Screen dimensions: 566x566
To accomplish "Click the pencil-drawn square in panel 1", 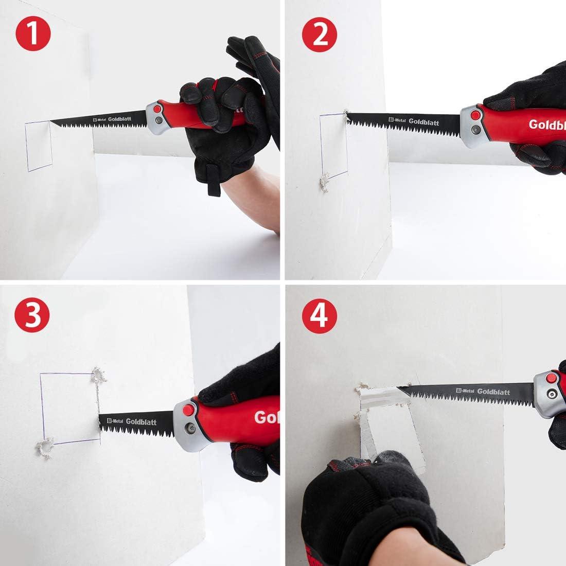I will point(39,146).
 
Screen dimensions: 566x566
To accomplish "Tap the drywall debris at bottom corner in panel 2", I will point(324,181).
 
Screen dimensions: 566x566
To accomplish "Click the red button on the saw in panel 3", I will point(188,410).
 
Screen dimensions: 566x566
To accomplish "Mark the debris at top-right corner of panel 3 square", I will point(98,376).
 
